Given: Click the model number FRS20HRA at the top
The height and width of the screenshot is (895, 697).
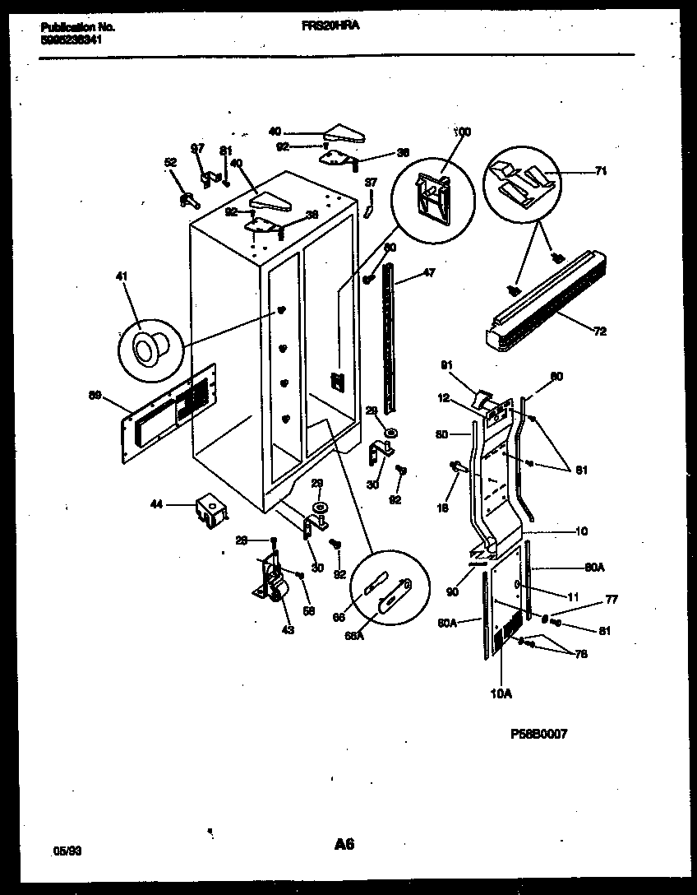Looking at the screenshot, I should pyautogui.click(x=331, y=26).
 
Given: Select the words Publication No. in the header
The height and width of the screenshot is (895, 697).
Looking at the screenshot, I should pyautogui.click(x=77, y=27).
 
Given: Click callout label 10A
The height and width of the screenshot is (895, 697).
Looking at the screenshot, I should pyautogui.click(x=501, y=693).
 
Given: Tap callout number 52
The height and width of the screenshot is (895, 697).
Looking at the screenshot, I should pyautogui.click(x=170, y=164).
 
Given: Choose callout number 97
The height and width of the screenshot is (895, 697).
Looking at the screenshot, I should pyautogui.click(x=197, y=149).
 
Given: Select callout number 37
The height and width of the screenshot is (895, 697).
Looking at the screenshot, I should pyautogui.click(x=371, y=183).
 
